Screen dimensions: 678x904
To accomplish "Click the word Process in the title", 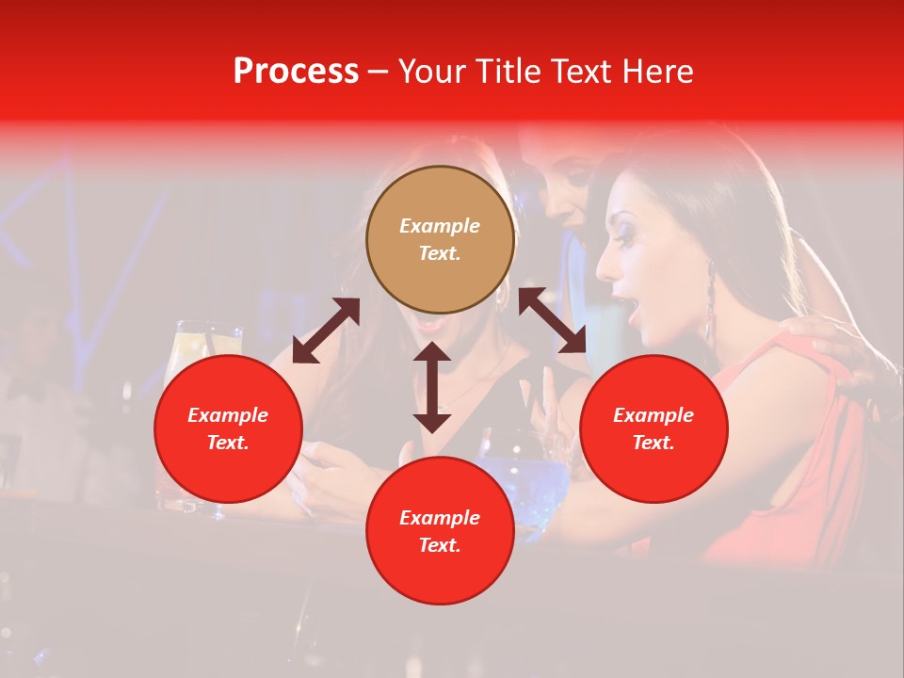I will click(x=296, y=72).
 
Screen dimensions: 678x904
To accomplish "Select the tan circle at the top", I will click(x=440, y=240).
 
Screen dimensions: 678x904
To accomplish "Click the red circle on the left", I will click(x=228, y=428).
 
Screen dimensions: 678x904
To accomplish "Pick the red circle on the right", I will click(x=654, y=428).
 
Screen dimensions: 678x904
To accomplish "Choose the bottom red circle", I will click(x=440, y=531).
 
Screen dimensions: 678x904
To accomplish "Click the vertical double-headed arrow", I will click(x=432, y=387).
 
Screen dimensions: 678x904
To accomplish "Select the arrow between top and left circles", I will click(x=326, y=331).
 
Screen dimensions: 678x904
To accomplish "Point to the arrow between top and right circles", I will click(x=552, y=321).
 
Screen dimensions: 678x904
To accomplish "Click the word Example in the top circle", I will click(x=440, y=226).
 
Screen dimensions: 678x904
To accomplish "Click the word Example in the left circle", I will click(x=228, y=415).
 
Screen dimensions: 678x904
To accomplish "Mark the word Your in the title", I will click(x=429, y=72).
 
